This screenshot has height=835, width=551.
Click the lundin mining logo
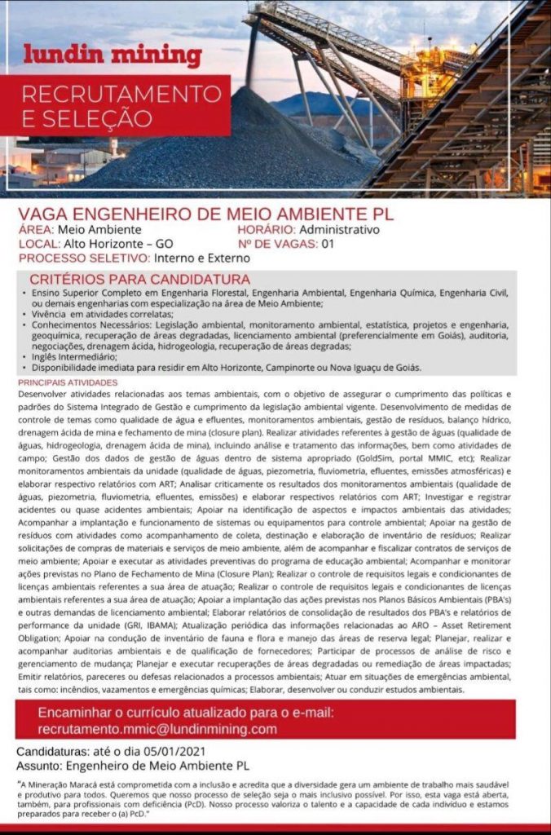(x=112, y=56)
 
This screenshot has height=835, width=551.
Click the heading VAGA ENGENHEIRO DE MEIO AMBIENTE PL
(x=205, y=214)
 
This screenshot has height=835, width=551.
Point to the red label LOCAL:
(x=38, y=244)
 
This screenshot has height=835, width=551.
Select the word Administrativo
(x=340, y=230)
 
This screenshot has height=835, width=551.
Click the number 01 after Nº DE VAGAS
(x=328, y=244)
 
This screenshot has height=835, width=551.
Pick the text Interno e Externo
(x=203, y=258)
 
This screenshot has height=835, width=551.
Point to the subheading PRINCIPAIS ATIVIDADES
(x=68, y=382)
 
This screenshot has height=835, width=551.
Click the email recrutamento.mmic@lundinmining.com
(x=157, y=729)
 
